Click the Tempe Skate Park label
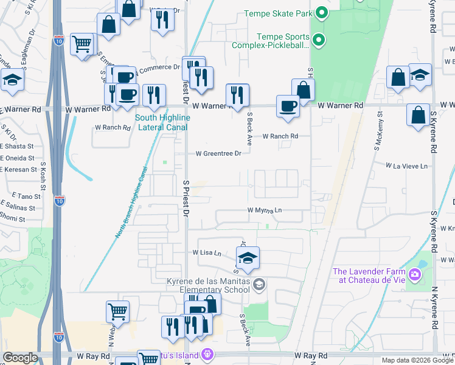point(278,13)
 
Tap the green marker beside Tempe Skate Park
point(322,13)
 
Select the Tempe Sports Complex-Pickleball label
point(271,41)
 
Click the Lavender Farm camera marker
point(415,275)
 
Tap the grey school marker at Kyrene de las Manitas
point(260,284)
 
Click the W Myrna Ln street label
point(265,210)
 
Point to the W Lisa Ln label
point(207,252)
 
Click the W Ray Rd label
point(311,355)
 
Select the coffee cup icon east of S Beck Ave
point(288,106)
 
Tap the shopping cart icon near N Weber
point(117,311)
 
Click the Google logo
point(21,358)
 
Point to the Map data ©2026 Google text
point(417,360)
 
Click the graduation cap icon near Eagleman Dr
point(12,80)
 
